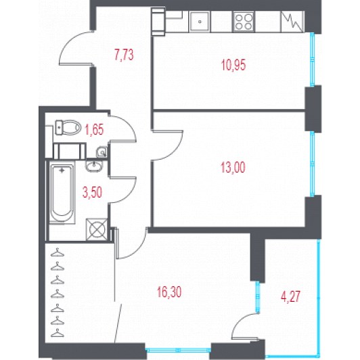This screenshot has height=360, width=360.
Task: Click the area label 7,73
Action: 124,55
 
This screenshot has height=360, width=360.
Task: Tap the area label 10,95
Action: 233,65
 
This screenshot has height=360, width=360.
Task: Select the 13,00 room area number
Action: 233,167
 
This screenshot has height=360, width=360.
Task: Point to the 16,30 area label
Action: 169,292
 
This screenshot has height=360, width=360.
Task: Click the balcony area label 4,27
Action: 291,296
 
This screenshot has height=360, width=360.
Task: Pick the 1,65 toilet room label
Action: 94,129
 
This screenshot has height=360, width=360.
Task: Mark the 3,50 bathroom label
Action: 92,192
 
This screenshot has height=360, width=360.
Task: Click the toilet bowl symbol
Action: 68,127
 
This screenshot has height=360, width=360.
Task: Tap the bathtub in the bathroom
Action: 62,193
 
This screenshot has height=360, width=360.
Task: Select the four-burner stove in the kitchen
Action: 244,22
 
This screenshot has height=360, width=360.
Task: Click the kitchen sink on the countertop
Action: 200,22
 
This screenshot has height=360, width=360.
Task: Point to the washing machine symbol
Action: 97,229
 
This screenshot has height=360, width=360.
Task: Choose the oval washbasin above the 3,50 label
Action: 93,166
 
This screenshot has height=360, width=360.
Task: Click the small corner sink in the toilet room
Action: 102,152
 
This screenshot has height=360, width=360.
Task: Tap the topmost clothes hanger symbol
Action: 58,252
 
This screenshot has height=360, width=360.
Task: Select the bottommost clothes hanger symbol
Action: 58,333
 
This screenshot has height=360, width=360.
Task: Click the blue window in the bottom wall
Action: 178,351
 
